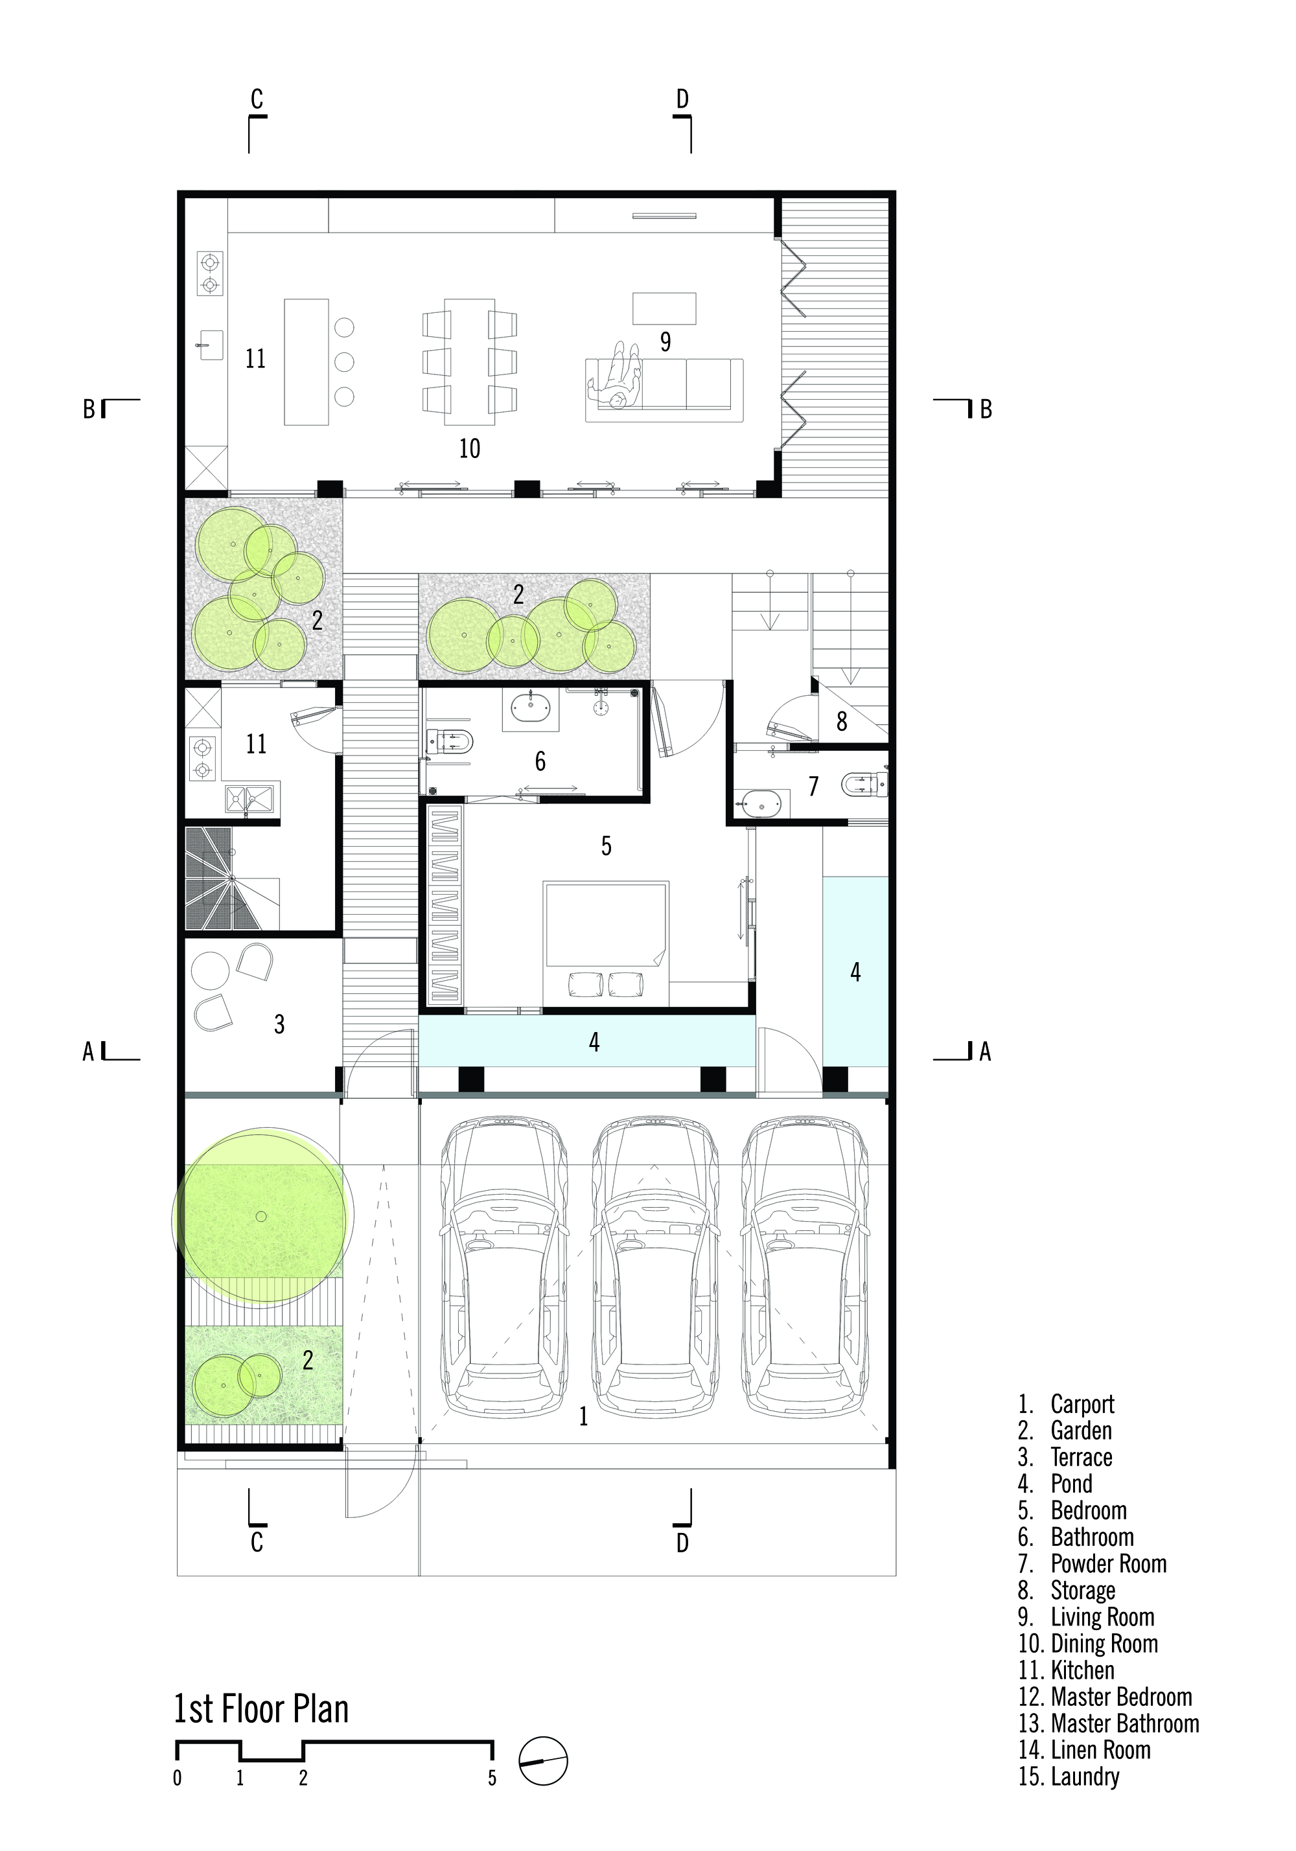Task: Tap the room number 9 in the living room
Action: click(665, 342)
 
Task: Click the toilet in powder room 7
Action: click(863, 783)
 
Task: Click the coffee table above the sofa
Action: click(664, 308)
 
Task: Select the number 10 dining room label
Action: click(469, 448)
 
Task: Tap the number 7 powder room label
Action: click(813, 786)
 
